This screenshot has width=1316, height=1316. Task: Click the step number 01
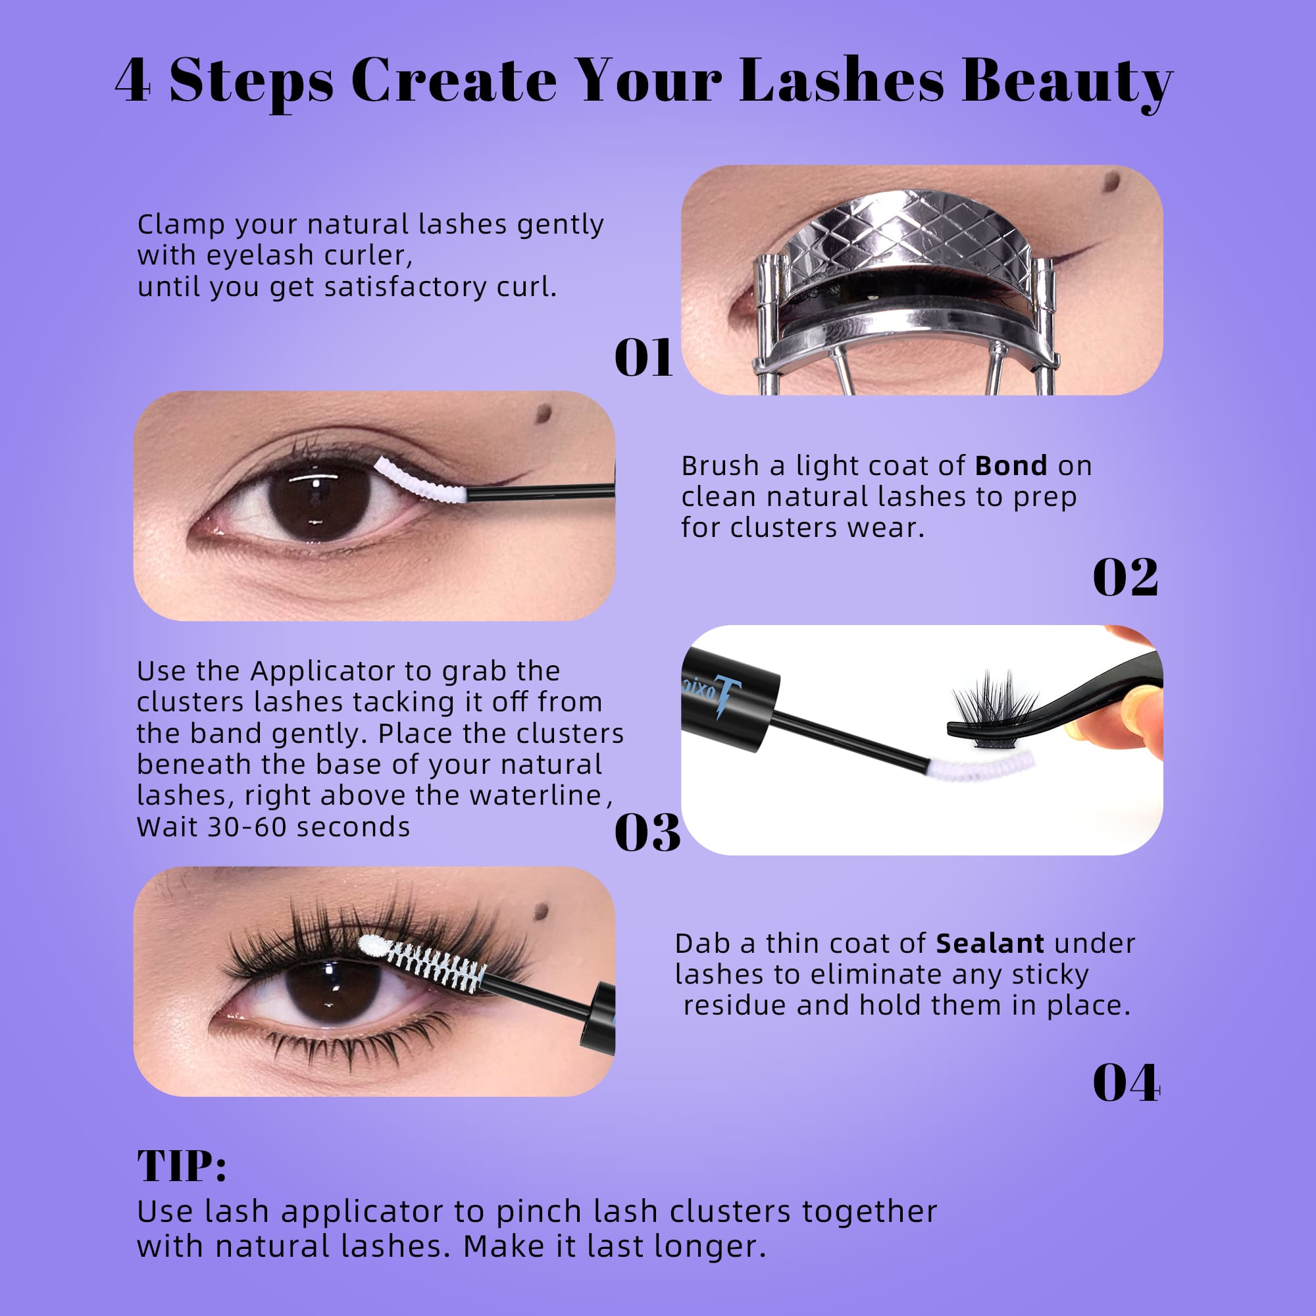(x=643, y=357)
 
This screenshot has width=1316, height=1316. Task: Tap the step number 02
(x=1125, y=578)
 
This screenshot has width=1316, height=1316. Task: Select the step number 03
(x=647, y=832)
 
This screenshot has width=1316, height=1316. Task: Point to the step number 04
(x=1126, y=1083)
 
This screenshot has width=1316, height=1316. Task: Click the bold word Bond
(x=1011, y=466)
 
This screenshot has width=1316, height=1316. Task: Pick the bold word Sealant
(x=990, y=944)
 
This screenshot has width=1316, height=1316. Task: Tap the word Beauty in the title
(x=1067, y=82)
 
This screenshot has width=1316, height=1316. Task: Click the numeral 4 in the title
(x=133, y=82)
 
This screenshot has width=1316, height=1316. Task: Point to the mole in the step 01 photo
(x=1111, y=181)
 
